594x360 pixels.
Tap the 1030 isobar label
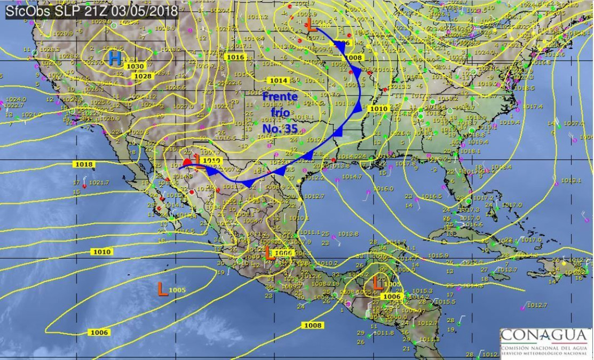pyautogui.click(x=136, y=66)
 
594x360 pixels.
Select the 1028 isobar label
pyautogui.click(x=142, y=76)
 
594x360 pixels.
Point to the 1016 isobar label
pyautogui.click(x=235, y=57)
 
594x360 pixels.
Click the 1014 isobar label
pyautogui.click(x=279, y=81)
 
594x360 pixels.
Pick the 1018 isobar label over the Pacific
pyautogui.click(x=84, y=164)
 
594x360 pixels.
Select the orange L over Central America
pyautogui.click(x=377, y=281)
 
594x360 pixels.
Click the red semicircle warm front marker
pyautogui.click(x=187, y=162)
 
